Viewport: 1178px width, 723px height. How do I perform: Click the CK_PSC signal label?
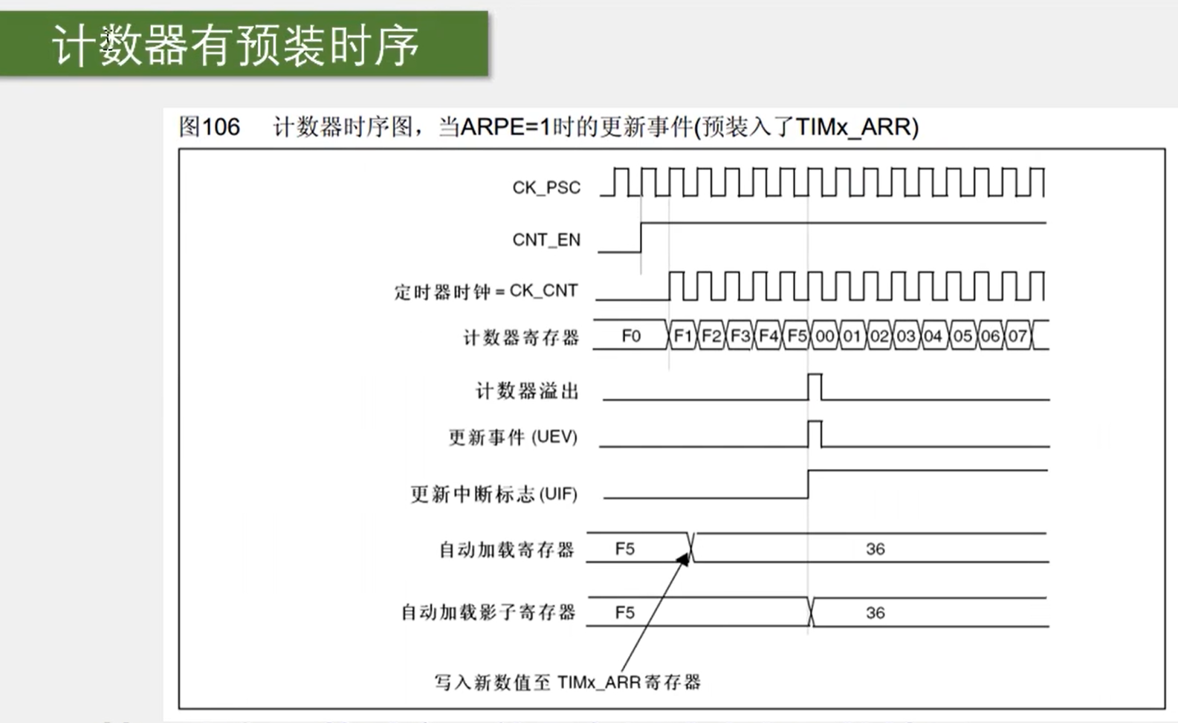[x=546, y=187]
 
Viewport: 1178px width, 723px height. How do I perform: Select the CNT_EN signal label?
[x=546, y=239]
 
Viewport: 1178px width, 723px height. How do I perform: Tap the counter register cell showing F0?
[x=631, y=336]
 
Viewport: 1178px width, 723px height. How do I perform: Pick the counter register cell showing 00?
[x=825, y=336]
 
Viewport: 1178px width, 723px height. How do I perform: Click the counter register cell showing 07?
[x=1017, y=336]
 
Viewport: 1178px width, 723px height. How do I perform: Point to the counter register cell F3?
[x=740, y=336]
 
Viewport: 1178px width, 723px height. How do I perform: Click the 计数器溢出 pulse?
[x=815, y=387]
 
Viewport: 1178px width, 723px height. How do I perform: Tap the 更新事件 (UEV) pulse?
[x=815, y=434]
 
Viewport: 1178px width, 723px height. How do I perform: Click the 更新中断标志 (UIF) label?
[x=493, y=494]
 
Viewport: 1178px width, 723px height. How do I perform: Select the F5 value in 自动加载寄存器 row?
[x=625, y=548]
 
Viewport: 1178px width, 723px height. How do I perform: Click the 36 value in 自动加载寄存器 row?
[x=875, y=548]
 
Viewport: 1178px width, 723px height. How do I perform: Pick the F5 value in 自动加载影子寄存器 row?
[x=625, y=612]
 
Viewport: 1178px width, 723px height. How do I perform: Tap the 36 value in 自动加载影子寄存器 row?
[x=875, y=612]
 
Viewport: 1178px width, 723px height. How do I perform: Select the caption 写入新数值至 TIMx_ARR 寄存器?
[x=567, y=682]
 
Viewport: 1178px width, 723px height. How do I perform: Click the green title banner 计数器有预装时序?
[x=244, y=45]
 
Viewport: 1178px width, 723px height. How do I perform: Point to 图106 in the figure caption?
[x=210, y=127]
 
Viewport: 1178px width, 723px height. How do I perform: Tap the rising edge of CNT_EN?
[x=641, y=237]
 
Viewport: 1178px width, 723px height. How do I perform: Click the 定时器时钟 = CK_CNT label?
[x=486, y=291]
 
